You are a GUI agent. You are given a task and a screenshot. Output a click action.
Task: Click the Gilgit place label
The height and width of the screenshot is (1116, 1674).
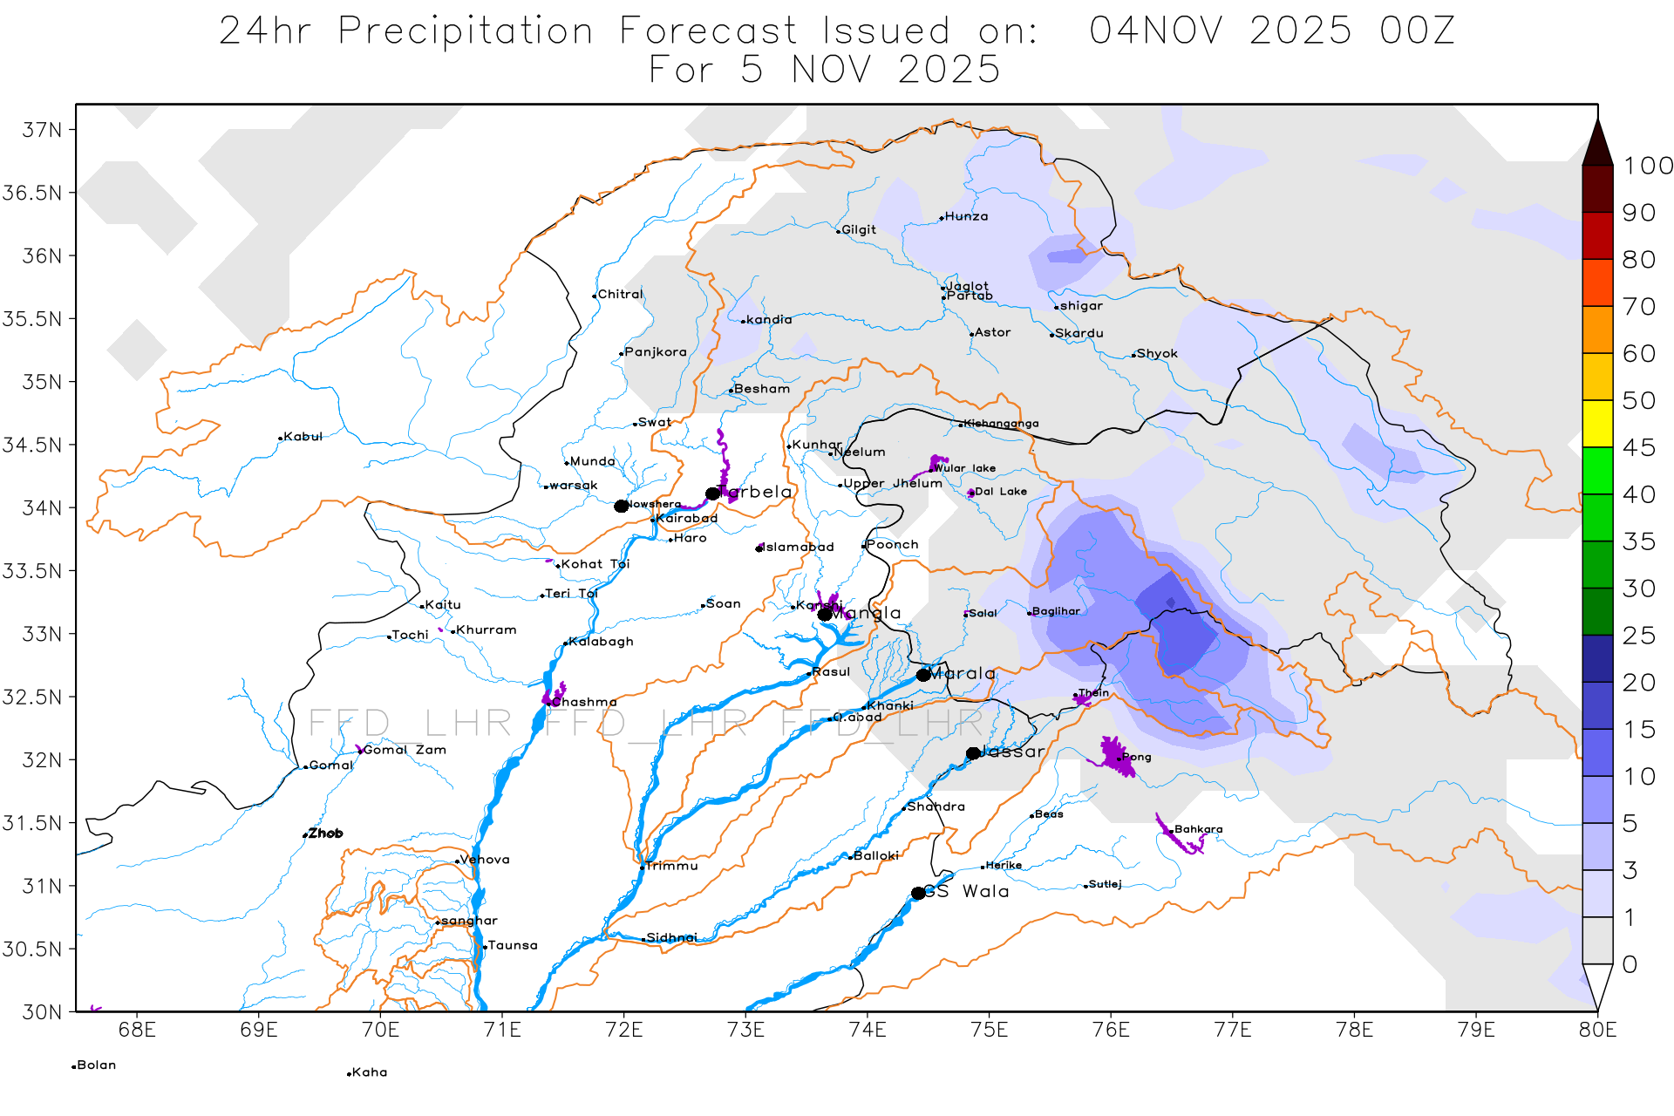point(858,230)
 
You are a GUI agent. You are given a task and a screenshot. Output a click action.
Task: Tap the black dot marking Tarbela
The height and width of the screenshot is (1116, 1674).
point(712,493)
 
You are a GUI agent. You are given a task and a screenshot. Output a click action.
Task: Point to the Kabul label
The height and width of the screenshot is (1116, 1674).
point(303,437)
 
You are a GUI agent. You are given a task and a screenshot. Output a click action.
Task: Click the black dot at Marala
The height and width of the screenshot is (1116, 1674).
point(923,675)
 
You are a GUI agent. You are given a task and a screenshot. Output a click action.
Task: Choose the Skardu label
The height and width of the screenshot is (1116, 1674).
point(1079,334)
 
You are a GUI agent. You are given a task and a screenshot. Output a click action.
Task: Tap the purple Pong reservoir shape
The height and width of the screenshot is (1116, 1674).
point(1113,754)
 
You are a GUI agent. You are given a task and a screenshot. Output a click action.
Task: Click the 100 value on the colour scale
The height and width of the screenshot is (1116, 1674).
point(1647,166)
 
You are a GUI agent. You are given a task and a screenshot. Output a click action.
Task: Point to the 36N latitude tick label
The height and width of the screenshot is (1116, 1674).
point(42,256)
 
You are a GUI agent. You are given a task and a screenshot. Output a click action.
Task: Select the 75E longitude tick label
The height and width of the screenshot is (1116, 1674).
point(989,1031)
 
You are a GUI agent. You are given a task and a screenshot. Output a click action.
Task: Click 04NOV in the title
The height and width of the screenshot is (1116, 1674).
point(1156,31)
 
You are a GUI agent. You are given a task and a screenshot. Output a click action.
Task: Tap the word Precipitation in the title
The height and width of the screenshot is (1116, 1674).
point(466,31)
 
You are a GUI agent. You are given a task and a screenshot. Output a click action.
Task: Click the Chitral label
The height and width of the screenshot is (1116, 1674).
point(619,295)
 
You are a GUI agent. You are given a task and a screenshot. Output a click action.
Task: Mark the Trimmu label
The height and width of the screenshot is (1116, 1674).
point(671,866)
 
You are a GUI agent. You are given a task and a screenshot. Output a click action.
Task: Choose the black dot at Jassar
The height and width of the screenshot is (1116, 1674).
point(973,753)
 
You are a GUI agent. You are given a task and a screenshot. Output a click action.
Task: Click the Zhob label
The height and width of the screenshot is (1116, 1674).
point(325,834)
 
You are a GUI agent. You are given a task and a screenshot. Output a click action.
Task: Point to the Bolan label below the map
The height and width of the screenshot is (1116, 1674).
point(96,1065)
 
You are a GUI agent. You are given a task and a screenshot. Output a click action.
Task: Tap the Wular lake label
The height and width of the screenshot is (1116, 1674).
point(964,468)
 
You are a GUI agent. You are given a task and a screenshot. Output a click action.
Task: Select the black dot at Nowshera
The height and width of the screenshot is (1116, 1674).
point(621,507)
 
